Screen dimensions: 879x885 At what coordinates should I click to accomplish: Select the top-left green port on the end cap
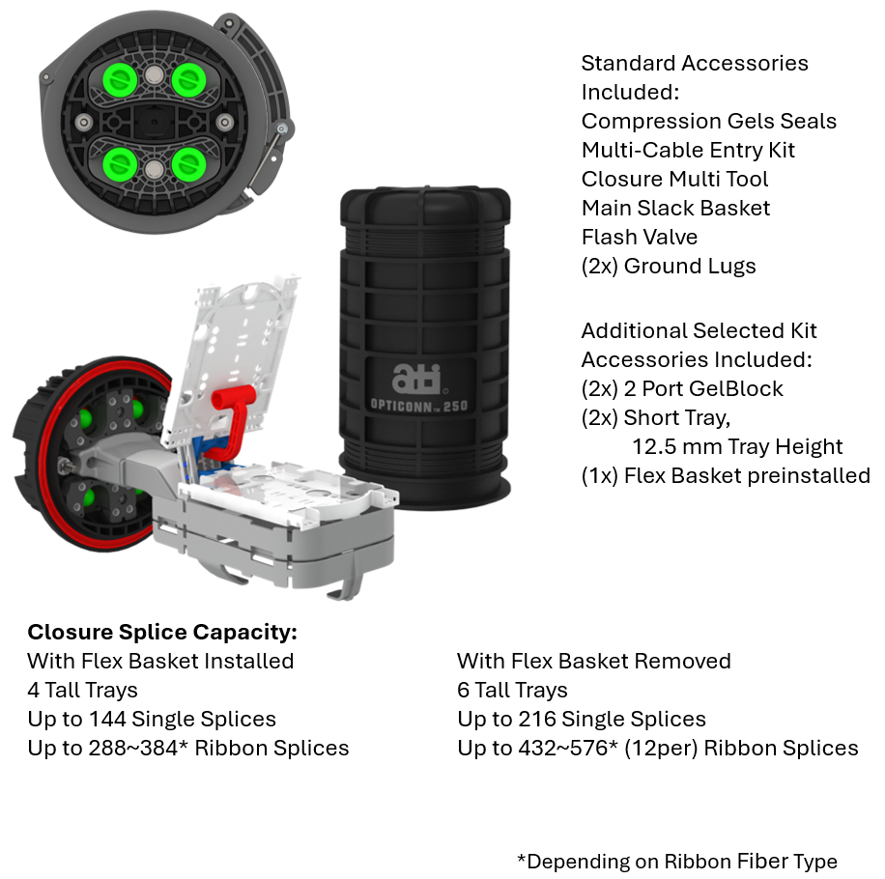tap(120, 79)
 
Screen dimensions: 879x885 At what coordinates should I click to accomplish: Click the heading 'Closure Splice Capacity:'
tap(161, 632)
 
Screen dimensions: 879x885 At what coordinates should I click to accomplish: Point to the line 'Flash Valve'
tap(639, 237)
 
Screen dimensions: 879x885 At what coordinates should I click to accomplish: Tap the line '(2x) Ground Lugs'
tap(668, 266)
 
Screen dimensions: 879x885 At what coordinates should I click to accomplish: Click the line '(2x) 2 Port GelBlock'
tap(682, 388)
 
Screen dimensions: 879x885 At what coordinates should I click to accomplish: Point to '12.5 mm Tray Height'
tap(737, 446)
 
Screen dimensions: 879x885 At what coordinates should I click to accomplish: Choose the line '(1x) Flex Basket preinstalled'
tap(725, 475)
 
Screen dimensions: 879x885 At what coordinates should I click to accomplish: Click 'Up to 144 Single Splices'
tap(152, 719)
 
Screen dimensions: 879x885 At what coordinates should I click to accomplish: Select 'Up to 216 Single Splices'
tap(581, 719)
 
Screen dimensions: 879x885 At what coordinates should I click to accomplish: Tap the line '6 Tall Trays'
tap(512, 690)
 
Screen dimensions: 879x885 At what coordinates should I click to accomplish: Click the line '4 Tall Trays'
tap(82, 690)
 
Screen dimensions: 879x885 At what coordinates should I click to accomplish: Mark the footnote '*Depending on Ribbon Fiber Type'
tap(676, 861)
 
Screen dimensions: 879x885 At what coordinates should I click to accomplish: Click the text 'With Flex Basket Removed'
tap(593, 661)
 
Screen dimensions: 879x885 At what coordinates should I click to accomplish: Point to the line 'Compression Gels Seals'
tap(708, 121)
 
